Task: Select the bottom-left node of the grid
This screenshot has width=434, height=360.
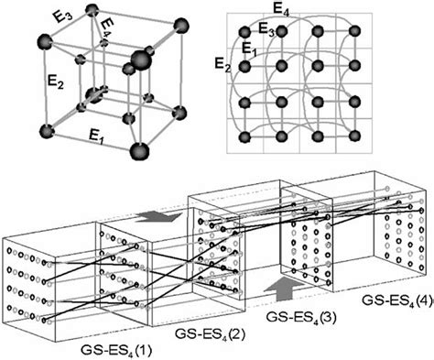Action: click(x=245, y=137)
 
